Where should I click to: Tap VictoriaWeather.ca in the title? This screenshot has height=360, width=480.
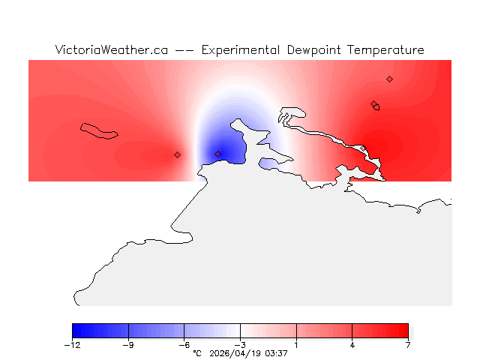[111, 50]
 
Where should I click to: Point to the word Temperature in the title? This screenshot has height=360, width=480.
[384, 50]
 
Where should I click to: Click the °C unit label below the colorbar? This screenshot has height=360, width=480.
[197, 352]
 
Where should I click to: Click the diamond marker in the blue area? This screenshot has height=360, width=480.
[217, 154]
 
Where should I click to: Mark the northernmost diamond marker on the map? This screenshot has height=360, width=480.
[389, 79]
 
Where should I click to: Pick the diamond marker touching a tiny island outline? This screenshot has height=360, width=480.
[373, 104]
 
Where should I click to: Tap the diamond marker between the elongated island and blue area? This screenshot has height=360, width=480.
[177, 154]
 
